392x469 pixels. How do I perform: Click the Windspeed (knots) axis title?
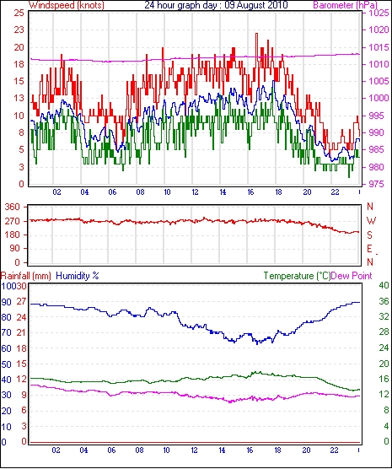pyautogui.click(x=67, y=5)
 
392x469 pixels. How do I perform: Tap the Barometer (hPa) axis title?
pyautogui.click(x=345, y=5)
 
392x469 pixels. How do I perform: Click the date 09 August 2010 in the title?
pyautogui.click(x=256, y=5)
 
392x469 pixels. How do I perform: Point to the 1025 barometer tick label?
pyautogui.click(x=379, y=13)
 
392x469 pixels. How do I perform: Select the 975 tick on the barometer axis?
pyautogui.click(x=377, y=184)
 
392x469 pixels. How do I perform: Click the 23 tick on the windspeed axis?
pyautogui.click(x=19, y=30)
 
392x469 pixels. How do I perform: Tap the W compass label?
pyautogui.click(x=371, y=221)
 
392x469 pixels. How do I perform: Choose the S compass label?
pyautogui.click(x=370, y=235)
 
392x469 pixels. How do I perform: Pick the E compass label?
pyautogui.click(x=370, y=249)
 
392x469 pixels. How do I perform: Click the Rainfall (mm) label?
pyautogui.click(x=26, y=276)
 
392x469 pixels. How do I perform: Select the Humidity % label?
pyautogui.click(x=78, y=276)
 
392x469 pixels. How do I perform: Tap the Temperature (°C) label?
pyautogui.click(x=297, y=276)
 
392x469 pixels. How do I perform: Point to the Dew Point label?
pyautogui.click(x=352, y=276)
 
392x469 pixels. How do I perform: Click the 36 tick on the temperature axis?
pyautogui.click(x=384, y=301)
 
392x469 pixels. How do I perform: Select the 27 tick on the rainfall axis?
pyautogui.click(x=21, y=301)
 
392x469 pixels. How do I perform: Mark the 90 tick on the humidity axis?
pyautogui.click(x=6, y=302)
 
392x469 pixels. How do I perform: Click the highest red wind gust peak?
pyautogui.click(x=256, y=34)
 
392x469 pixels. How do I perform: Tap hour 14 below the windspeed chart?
pyautogui.click(x=223, y=192)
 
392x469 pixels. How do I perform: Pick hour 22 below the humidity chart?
pyautogui.click(x=334, y=450)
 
